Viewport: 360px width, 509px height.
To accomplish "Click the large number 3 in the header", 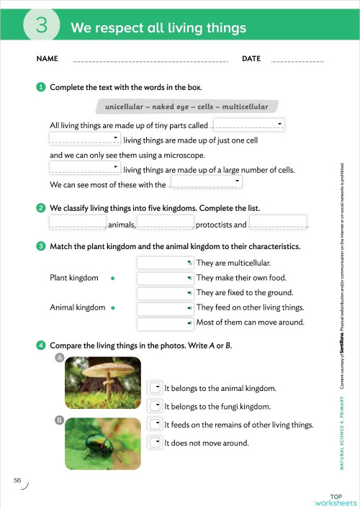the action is point(41,26).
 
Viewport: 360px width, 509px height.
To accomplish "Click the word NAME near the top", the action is point(46,58).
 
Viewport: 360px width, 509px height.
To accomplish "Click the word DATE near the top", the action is point(251,58).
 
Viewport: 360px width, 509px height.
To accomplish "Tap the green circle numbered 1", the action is point(41,87).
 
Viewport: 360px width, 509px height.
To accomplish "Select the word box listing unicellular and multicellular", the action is point(186,107).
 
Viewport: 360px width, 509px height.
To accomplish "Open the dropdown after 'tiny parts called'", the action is point(249,125).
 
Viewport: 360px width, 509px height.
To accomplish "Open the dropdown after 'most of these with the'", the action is point(205,183).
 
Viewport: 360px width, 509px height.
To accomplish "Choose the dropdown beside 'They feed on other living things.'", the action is point(164,308).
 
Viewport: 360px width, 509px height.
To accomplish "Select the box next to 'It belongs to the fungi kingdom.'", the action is point(154,406).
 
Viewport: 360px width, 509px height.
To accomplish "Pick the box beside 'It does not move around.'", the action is point(154,442).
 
